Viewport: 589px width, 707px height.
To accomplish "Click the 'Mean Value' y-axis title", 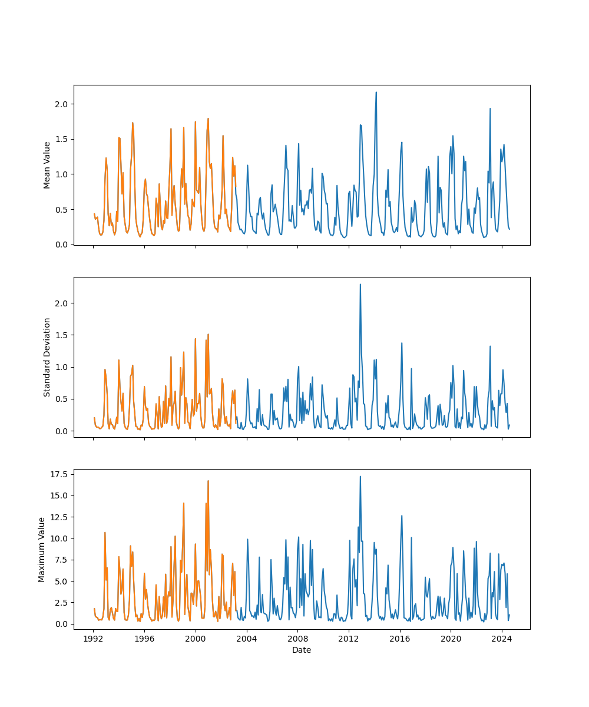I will (47, 165).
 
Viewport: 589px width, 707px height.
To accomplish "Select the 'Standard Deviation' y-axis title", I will (47, 357).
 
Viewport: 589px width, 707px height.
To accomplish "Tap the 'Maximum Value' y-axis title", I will (42, 549).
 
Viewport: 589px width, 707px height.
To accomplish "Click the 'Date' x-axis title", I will (302, 650).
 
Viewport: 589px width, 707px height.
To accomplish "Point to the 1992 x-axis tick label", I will (93, 639).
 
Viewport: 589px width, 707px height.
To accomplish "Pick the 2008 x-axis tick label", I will (297, 639).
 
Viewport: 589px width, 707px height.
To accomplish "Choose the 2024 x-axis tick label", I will (502, 639).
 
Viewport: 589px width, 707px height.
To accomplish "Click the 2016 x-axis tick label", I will (400, 639).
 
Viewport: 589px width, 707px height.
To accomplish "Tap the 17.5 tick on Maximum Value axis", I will (61, 474).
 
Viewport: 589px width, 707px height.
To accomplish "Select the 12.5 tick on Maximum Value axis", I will (61, 517).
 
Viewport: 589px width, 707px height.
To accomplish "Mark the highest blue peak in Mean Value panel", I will (376, 92).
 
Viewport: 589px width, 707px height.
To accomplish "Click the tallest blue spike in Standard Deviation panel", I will (360, 285).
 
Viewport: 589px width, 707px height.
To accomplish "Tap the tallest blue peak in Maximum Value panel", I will (360, 477).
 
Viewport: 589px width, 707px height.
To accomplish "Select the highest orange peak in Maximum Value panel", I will (208, 481).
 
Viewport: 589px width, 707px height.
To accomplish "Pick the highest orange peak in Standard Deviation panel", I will (208, 335).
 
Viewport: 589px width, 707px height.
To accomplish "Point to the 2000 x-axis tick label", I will (195, 639).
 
